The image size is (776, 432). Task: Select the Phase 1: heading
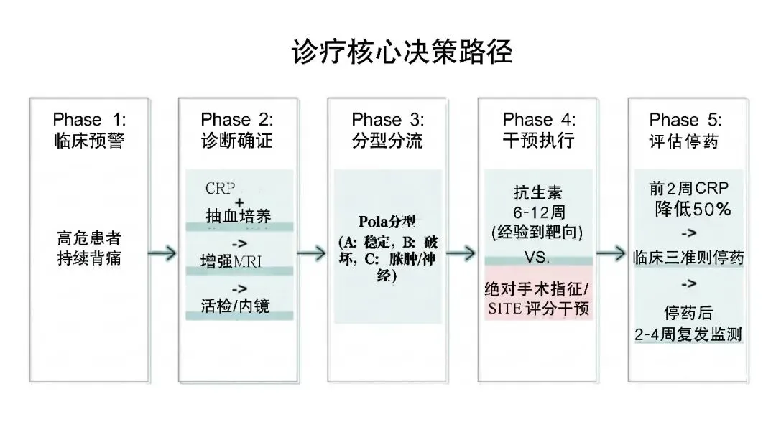[x=89, y=119]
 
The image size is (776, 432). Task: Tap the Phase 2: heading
[x=237, y=119]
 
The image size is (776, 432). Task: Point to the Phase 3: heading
[x=388, y=119]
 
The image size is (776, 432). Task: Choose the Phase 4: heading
[x=539, y=119]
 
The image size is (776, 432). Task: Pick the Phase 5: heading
[x=685, y=119]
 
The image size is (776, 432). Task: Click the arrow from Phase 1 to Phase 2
[x=162, y=253]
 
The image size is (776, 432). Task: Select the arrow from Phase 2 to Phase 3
[x=310, y=253]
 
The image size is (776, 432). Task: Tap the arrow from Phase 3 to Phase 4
[x=461, y=253]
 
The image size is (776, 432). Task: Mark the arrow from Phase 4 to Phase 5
[x=610, y=253]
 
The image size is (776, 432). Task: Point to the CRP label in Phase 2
[x=220, y=189]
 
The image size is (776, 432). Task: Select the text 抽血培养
[x=238, y=215]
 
